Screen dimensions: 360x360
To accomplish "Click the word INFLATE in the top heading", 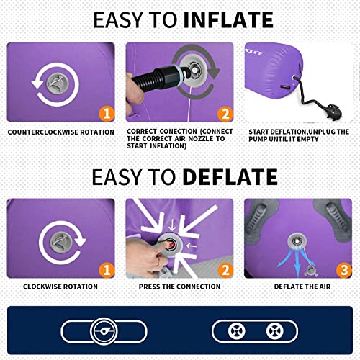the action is click(228, 19).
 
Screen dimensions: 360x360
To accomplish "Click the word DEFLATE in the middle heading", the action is click(230, 177).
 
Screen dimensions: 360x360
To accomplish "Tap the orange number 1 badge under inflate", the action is click(107, 114).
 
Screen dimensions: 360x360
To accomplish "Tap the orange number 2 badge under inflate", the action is click(225, 114).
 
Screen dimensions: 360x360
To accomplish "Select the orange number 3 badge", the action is click(344, 270).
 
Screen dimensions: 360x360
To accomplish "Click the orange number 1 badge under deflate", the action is click(107, 270).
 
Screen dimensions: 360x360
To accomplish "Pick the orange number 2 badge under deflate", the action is click(225, 270).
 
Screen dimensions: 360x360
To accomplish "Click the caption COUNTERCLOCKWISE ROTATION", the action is click(61, 132).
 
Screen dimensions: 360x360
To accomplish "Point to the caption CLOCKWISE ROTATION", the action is click(60, 287).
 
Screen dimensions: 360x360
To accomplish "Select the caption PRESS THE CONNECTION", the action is click(179, 287).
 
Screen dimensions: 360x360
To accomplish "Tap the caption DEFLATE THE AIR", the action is click(302, 287).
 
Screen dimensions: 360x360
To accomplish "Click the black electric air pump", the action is click(333, 110).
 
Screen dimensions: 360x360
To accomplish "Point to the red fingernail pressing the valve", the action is click(171, 245).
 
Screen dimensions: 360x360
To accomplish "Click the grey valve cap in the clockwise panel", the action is click(61, 243).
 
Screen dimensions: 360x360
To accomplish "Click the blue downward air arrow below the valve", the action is click(297, 261).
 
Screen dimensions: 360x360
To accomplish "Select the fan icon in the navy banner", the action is click(104, 331).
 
